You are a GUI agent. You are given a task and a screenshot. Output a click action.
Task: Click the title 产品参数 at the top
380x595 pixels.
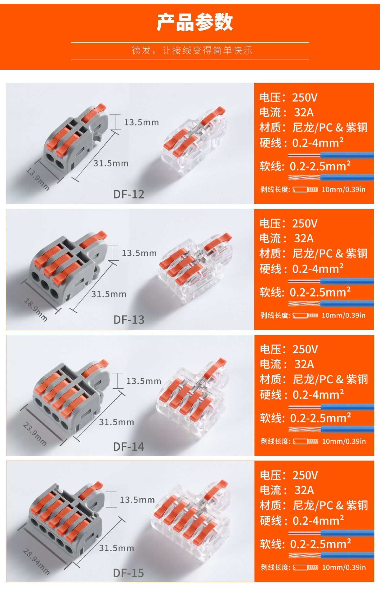point(194,22)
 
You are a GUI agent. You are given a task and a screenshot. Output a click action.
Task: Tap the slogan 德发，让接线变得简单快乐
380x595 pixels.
point(192,50)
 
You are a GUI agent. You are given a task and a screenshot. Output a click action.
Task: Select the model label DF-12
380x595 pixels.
point(129,194)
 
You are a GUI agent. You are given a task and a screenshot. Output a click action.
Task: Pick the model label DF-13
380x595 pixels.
point(129,320)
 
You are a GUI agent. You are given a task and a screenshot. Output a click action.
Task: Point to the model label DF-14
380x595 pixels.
point(128,447)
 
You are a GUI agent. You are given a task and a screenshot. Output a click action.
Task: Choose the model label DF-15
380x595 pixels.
point(128,573)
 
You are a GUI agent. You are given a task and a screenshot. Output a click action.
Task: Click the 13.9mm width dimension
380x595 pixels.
point(38,179)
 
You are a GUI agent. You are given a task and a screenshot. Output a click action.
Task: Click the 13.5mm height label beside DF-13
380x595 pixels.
point(139,253)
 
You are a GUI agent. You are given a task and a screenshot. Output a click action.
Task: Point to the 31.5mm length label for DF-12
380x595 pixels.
point(111,163)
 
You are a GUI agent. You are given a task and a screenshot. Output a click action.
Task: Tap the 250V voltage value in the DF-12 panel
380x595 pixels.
point(305,98)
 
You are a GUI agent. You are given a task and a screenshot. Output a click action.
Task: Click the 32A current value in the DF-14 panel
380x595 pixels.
point(304,364)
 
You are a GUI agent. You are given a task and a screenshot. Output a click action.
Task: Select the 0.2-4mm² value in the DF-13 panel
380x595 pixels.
point(318,269)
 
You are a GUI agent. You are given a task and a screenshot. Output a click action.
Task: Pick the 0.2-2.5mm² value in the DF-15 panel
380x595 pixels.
point(320,544)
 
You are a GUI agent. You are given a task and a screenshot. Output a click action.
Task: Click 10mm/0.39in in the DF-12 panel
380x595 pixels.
point(343,189)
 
